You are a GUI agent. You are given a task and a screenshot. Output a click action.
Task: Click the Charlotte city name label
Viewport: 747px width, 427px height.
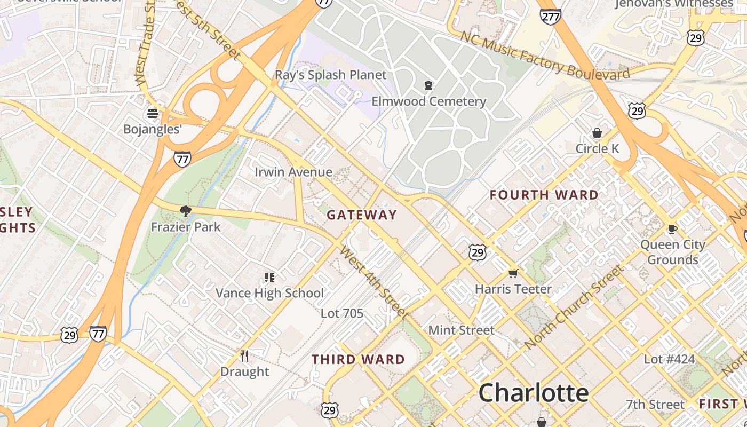point(533,393)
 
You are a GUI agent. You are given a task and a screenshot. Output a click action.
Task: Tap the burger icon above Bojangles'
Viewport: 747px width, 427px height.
point(153,113)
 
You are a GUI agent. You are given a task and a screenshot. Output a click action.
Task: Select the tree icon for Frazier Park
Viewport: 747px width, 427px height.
point(186,211)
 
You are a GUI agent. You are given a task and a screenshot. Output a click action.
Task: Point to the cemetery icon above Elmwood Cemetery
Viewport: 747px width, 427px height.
point(428,85)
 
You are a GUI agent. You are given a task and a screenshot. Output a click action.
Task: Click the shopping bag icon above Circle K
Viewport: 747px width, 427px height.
point(597,133)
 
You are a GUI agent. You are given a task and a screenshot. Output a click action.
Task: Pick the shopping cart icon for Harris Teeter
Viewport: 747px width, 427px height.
point(513,273)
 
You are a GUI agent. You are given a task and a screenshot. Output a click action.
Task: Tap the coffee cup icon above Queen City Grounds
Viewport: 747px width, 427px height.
point(673,229)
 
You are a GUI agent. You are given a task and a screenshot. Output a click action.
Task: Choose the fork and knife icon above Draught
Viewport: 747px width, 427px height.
point(244,355)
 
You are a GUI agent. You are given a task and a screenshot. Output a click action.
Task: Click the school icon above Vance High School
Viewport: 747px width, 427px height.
point(269,277)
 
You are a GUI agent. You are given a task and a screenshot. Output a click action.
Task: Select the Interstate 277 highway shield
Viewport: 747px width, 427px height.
point(550,17)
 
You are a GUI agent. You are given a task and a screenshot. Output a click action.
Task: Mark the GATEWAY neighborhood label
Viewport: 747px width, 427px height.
point(362,215)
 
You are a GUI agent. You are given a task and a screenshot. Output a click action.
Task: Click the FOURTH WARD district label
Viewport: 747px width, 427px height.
point(544,195)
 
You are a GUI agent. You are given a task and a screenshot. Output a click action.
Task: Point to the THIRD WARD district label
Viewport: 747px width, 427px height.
point(359,359)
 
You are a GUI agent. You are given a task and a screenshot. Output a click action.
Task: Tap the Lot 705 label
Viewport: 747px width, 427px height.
point(342,313)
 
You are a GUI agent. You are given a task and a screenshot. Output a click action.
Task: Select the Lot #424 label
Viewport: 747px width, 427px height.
point(669,359)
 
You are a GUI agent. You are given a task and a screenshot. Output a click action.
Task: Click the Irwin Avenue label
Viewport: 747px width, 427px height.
point(293,172)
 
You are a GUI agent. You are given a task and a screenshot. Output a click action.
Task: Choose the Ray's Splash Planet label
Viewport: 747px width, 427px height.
point(330,75)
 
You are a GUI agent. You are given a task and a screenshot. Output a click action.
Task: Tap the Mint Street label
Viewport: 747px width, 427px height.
point(462,330)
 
